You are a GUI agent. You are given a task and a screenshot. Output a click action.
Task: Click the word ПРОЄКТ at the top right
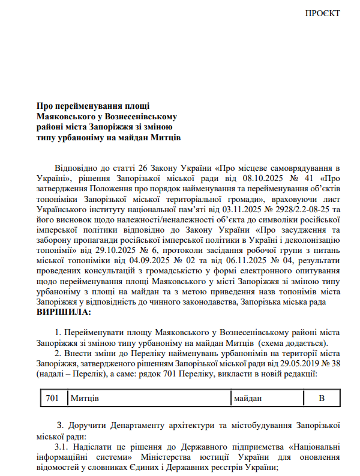coord(322,13)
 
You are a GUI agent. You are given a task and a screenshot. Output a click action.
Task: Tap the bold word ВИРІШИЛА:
coord(64,312)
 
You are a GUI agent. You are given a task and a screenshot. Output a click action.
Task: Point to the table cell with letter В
coord(321,398)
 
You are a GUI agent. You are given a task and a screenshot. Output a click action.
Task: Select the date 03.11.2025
coord(224,209)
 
